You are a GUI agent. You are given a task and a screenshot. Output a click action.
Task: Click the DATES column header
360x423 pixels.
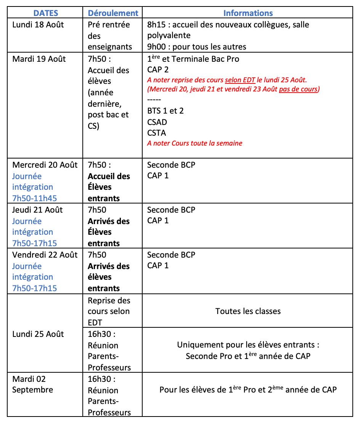point(46,13)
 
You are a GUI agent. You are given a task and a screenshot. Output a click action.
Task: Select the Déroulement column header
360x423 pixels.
point(113,13)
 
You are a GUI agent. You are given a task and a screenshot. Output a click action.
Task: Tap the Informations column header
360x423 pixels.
point(248,13)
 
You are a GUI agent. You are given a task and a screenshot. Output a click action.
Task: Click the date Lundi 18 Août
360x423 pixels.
point(38,25)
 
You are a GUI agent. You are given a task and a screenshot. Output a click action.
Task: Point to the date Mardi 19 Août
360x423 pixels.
point(39,59)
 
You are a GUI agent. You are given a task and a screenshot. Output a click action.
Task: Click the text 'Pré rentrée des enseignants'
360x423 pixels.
point(110,36)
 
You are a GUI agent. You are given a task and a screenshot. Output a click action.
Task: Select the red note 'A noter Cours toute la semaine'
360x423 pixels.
point(194,143)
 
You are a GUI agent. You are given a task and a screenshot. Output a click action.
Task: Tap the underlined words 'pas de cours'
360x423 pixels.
point(299,89)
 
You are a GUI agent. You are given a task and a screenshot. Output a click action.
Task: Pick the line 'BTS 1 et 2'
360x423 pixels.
point(165,111)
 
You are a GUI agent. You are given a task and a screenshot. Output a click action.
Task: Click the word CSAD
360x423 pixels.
point(157,122)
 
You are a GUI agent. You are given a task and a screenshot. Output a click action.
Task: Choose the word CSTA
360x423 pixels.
point(157,133)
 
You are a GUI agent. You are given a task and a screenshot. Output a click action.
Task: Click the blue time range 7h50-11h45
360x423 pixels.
point(34,198)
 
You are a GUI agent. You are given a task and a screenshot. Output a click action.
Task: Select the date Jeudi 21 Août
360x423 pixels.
point(37,210)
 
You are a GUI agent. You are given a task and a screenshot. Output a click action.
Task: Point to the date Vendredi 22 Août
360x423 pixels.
point(45,255)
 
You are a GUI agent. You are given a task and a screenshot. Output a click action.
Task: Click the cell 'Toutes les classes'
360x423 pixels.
point(248,311)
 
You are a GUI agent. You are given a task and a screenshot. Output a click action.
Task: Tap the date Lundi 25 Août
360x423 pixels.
point(38,334)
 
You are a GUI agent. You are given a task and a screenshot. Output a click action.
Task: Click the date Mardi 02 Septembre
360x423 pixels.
point(32,385)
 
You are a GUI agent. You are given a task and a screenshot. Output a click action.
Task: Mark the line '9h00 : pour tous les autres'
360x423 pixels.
point(197,47)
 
